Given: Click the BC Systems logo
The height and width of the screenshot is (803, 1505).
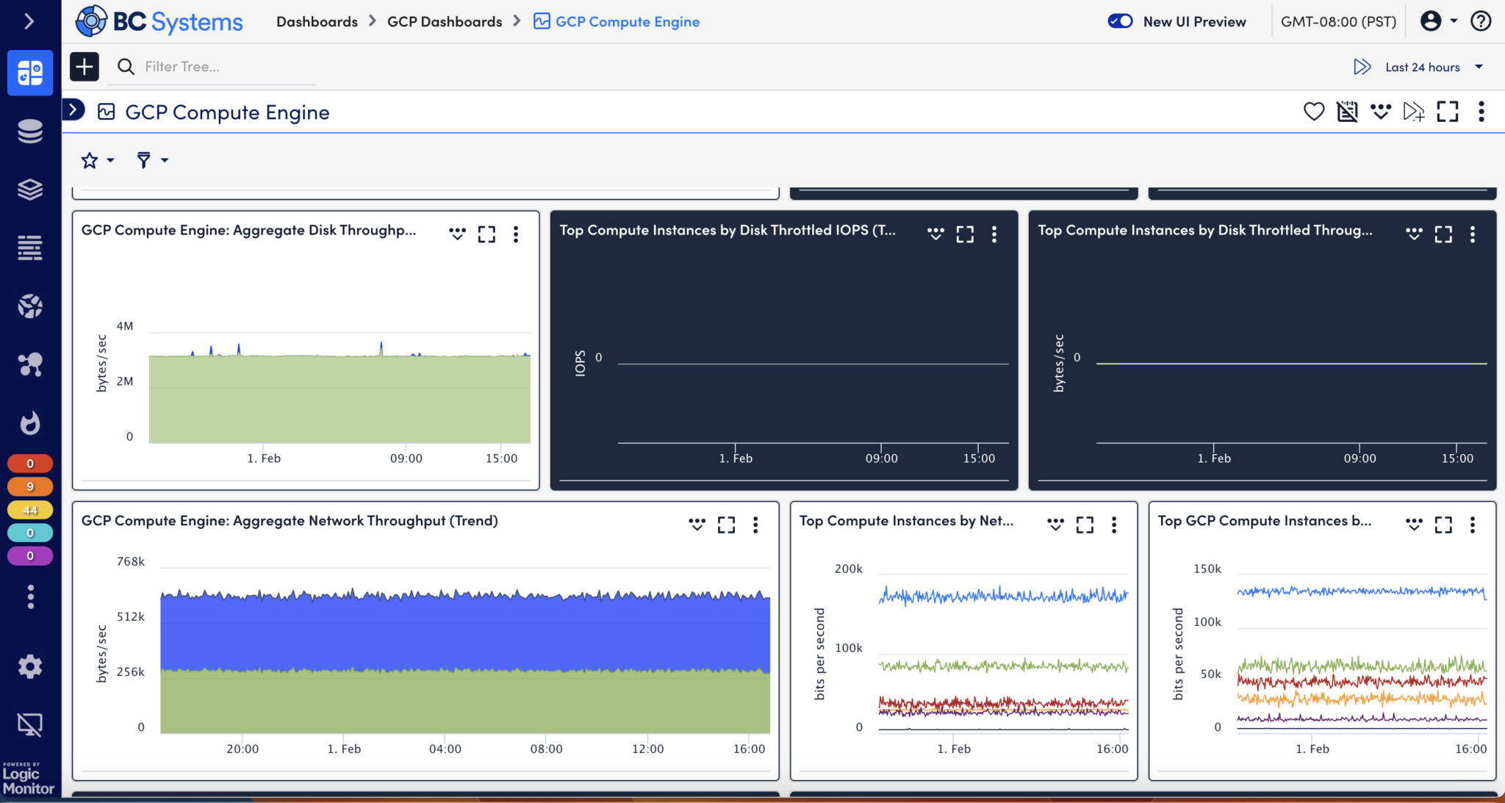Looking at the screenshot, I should (x=159, y=21).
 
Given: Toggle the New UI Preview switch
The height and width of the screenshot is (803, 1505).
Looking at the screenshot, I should (x=1120, y=21).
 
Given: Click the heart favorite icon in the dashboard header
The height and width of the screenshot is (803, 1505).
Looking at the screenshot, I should (x=1313, y=112).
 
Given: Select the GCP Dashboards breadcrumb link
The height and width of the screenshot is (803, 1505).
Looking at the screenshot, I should (x=444, y=21).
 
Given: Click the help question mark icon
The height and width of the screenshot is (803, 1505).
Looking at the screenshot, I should (x=1480, y=21).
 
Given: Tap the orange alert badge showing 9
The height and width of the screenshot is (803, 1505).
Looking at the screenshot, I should (x=30, y=486).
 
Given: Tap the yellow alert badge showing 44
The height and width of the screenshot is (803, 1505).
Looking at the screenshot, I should (x=30, y=510).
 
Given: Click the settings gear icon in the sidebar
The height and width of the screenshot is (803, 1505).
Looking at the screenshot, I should (x=30, y=666).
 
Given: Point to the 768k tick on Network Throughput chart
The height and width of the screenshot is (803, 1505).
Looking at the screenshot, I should (x=131, y=561).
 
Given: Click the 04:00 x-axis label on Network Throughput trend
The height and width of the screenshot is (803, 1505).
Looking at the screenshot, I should (x=445, y=749).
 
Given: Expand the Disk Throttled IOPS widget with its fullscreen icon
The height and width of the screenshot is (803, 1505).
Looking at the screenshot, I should (x=964, y=234).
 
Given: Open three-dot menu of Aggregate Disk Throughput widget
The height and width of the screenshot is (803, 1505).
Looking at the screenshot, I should (x=516, y=234).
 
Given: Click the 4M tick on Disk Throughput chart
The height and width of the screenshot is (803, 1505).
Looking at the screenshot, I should (x=125, y=326).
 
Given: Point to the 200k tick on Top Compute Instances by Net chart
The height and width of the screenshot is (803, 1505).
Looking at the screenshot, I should (x=848, y=569).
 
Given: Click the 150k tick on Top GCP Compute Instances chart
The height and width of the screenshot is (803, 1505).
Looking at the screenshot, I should (x=1207, y=569).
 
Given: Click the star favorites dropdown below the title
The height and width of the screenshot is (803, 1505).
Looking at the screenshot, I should (x=97, y=160).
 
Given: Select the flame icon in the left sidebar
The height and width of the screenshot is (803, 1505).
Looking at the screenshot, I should (x=30, y=422).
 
